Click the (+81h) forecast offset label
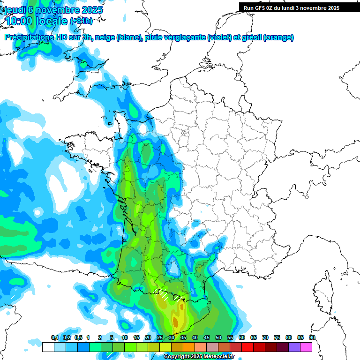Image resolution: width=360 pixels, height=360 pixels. pyautogui.click(x=81, y=21)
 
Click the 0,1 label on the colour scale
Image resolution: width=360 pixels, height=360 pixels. pyautogui.click(x=54, y=338)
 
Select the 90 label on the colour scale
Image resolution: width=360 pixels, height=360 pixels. pyautogui.click(x=312, y=338)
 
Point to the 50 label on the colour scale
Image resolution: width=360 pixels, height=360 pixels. pyautogui.click(x=218, y=338)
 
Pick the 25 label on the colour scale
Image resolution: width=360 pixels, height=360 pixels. pyautogui.click(x=160, y=338)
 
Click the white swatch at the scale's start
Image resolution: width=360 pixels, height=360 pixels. pyautogui.click(x=48, y=347)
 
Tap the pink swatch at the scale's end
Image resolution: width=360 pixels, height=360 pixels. pyautogui.click(x=306, y=347)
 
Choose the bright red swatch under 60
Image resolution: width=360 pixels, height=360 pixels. pyautogui.click(x=247, y=347)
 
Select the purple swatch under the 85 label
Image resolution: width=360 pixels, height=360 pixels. pyautogui.click(x=294, y=347)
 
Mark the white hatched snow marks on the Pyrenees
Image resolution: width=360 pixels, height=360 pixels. pyautogui.click(x=164, y=296)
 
